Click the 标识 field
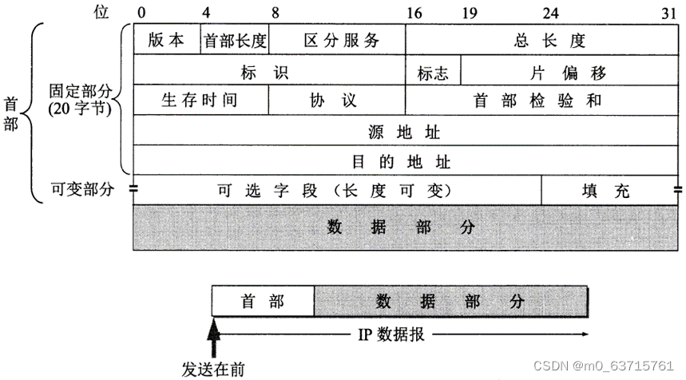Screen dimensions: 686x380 [269, 72]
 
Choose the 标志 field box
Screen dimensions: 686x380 [433, 72]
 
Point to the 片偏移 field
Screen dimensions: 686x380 [569, 72]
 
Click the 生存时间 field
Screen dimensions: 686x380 [200, 101]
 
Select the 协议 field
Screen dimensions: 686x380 [337, 101]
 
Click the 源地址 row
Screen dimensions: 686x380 [406, 130]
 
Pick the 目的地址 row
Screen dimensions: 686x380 [406, 160]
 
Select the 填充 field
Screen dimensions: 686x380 [610, 190]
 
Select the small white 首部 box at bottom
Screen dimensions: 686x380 [263, 301]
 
